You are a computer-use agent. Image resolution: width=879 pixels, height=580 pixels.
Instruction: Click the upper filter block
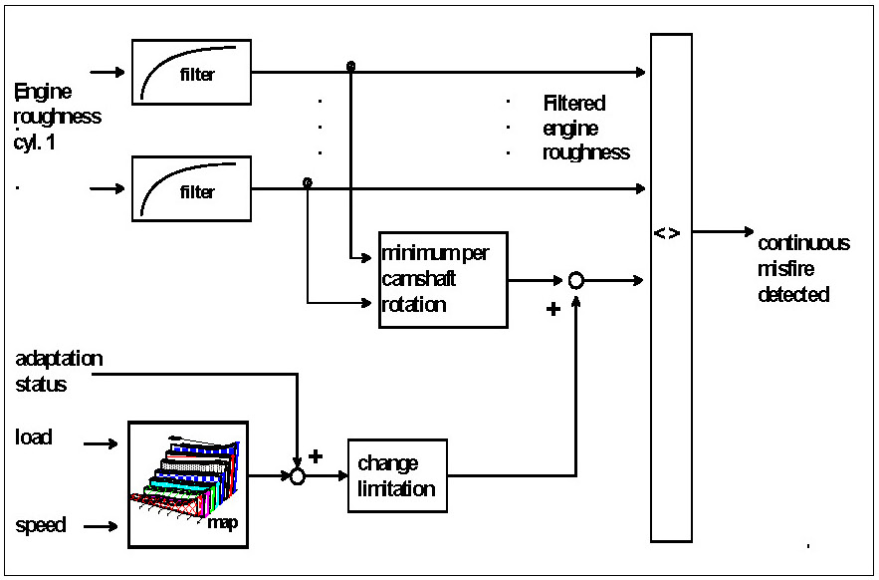click(191, 72)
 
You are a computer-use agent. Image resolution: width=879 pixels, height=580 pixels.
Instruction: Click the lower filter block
click(191, 188)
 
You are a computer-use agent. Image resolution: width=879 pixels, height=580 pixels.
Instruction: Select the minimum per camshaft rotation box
click(443, 279)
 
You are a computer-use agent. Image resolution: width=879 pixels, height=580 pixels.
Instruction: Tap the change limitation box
click(397, 475)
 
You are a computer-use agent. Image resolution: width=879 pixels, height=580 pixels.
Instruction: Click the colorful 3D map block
click(188, 484)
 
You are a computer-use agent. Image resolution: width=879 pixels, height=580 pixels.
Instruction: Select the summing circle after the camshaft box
click(575, 281)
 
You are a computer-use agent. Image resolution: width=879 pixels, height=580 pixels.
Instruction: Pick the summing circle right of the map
click(296, 476)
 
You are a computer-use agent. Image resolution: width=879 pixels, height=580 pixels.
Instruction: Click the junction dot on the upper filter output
click(350, 67)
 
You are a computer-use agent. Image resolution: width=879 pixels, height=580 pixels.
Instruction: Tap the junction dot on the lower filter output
click(307, 183)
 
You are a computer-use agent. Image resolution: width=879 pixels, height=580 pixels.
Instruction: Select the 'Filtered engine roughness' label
click(585, 128)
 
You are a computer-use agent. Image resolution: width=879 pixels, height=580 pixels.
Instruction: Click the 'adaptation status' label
click(59, 371)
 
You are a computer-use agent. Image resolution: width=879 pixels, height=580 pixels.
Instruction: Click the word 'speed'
click(41, 525)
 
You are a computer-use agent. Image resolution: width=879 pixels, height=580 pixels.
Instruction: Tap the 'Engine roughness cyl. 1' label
click(57, 116)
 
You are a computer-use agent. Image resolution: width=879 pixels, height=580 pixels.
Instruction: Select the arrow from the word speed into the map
click(101, 526)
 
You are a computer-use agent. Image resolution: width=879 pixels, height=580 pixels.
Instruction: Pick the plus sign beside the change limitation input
click(317, 456)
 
